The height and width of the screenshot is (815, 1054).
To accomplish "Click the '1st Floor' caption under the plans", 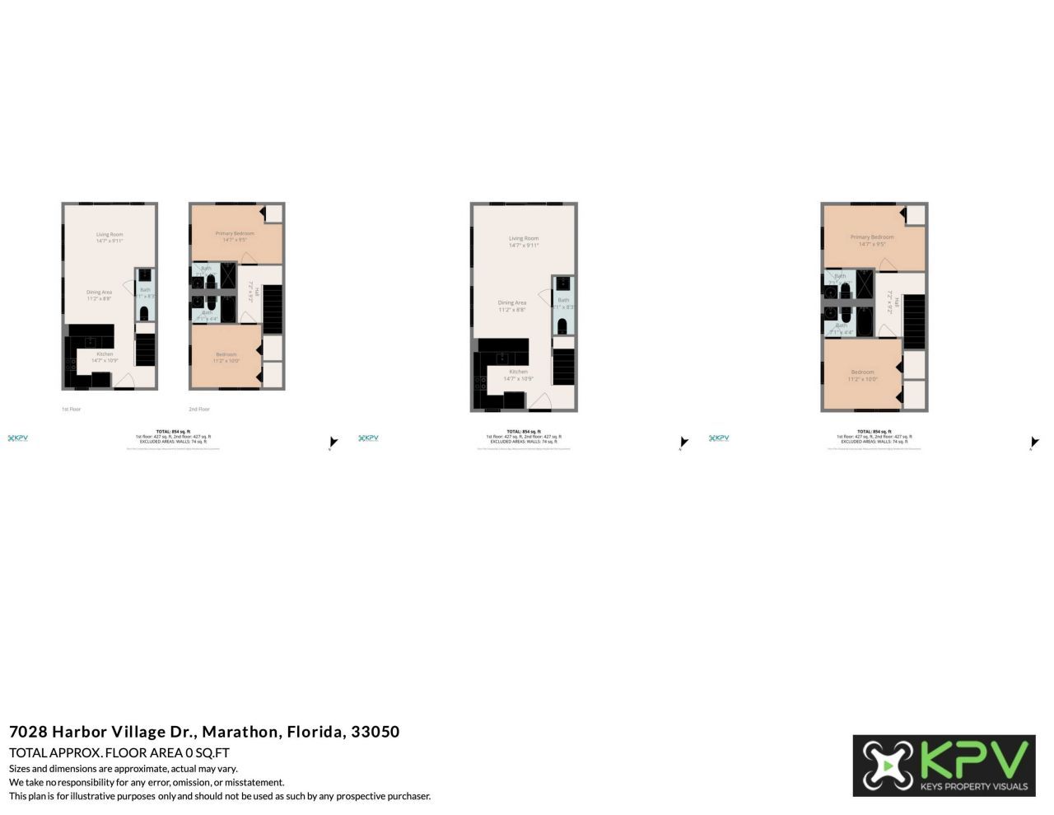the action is click(72, 409).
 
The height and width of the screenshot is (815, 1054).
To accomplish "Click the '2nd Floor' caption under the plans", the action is click(199, 409).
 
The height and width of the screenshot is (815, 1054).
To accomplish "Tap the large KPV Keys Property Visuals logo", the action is click(944, 766).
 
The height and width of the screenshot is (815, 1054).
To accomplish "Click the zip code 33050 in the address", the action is click(375, 732).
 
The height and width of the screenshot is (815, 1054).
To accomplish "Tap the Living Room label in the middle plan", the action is click(524, 238).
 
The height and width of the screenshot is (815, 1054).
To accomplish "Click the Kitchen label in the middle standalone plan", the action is click(518, 372).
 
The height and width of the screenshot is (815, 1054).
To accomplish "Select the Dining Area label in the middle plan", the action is click(512, 302).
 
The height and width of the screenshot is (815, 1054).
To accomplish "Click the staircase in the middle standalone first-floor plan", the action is click(563, 367).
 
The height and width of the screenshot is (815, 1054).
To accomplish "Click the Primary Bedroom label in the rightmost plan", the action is click(872, 237).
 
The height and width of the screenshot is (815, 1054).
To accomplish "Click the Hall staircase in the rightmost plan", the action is click(914, 321).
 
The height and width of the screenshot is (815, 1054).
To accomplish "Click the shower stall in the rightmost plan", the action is click(865, 283).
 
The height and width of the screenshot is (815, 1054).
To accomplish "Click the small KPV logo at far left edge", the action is click(18, 438).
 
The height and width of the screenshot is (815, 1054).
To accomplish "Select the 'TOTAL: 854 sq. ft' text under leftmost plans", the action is click(173, 431).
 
